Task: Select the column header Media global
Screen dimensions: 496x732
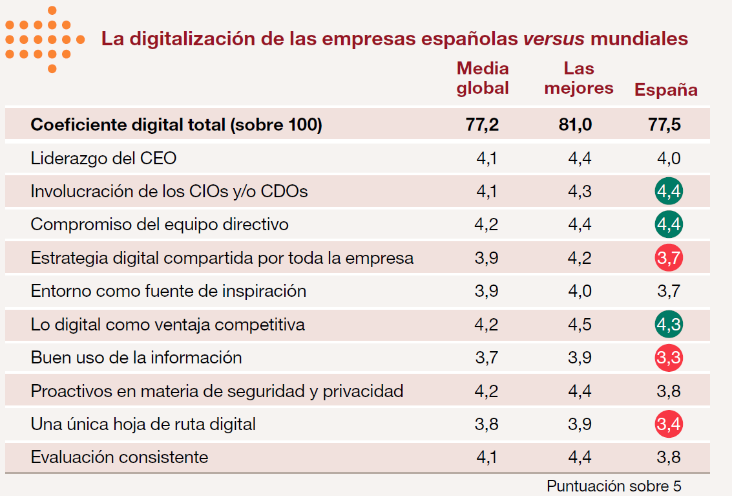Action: pyautogui.click(x=483, y=78)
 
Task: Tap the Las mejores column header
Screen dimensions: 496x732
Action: pyautogui.click(x=578, y=78)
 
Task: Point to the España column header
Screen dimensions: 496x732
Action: pyautogui.click(x=665, y=89)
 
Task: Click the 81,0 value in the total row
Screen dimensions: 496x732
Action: pyautogui.click(x=575, y=125)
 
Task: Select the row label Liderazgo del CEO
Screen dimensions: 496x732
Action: pyautogui.click(x=103, y=158)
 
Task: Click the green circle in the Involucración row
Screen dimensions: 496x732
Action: pyautogui.click(x=669, y=191)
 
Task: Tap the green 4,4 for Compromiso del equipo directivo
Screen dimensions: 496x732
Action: pyautogui.click(x=669, y=225)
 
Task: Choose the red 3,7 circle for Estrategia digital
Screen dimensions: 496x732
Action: pyautogui.click(x=669, y=258)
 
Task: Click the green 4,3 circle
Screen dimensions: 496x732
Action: pyautogui.click(x=669, y=325)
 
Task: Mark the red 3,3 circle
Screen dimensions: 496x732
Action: pyautogui.click(x=669, y=358)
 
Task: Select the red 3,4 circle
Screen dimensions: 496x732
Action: pyautogui.click(x=669, y=424)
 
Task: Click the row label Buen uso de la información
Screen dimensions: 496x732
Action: pyautogui.click(x=136, y=358)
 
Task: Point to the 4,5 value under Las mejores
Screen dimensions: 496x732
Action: pyautogui.click(x=580, y=325)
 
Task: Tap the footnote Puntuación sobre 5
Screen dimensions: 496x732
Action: pyautogui.click(x=614, y=485)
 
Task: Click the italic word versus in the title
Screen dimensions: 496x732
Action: pyautogui.click(x=554, y=39)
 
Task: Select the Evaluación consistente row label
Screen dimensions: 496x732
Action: pyautogui.click(x=120, y=457)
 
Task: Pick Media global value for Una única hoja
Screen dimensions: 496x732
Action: pyautogui.click(x=486, y=424)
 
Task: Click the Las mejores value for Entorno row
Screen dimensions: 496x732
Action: pyautogui.click(x=580, y=291)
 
